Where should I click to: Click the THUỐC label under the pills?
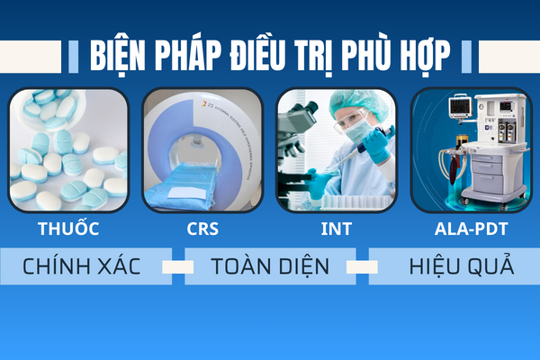(x=68, y=228)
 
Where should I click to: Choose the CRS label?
(x=202, y=229)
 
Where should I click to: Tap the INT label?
(x=336, y=229)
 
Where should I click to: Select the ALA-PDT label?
(x=471, y=229)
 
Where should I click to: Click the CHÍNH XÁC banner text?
(x=82, y=266)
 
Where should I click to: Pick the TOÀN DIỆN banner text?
(x=270, y=266)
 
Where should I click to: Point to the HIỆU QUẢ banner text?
(x=462, y=266)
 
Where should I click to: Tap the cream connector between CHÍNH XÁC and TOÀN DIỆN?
(x=178, y=267)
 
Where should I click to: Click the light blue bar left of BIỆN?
(x=74, y=57)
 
